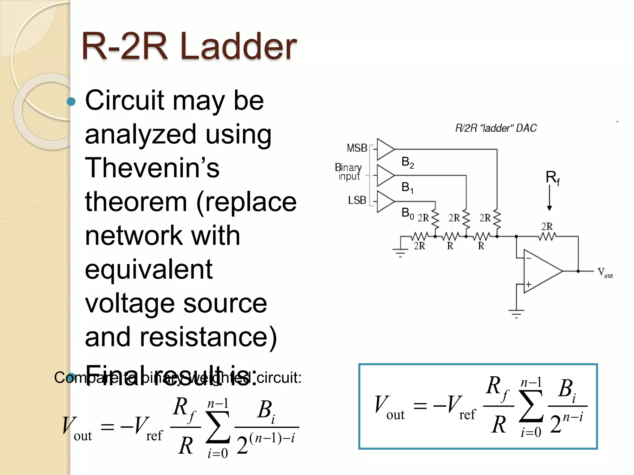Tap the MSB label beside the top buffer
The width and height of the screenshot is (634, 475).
click(x=357, y=148)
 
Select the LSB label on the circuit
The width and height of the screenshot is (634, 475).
click(x=357, y=200)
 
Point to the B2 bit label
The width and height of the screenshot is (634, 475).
click(x=407, y=162)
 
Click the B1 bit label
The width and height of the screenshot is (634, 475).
click(x=407, y=187)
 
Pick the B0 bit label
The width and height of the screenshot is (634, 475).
click(x=407, y=213)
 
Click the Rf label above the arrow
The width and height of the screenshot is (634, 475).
click(x=552, y=178)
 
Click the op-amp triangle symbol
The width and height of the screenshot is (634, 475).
click(x=540, y=271)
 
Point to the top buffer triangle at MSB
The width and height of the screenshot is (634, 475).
click(x=385, y=149)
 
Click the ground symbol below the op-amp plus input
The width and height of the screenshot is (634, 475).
click(x=516, y=313)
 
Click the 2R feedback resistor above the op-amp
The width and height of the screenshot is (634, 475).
click(x=547, y=237)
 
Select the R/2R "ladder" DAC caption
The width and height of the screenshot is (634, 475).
click(x=496, y=128)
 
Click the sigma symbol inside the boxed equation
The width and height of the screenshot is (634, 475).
click(x=531, y=406)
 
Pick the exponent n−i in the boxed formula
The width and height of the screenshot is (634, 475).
click(x=573, y=417)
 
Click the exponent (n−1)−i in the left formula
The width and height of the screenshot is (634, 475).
click(x=272, y=438)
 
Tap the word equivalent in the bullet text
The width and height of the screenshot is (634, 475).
click(x=149, y=269)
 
